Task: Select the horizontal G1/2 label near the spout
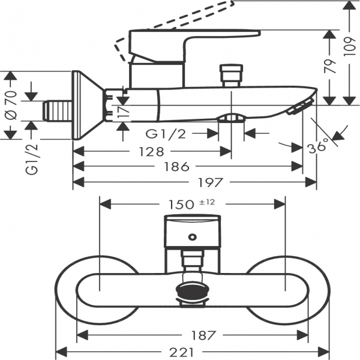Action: pyautogui.click(x=165, y=133)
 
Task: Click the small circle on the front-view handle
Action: pyautogui.click(x=192, y=236)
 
